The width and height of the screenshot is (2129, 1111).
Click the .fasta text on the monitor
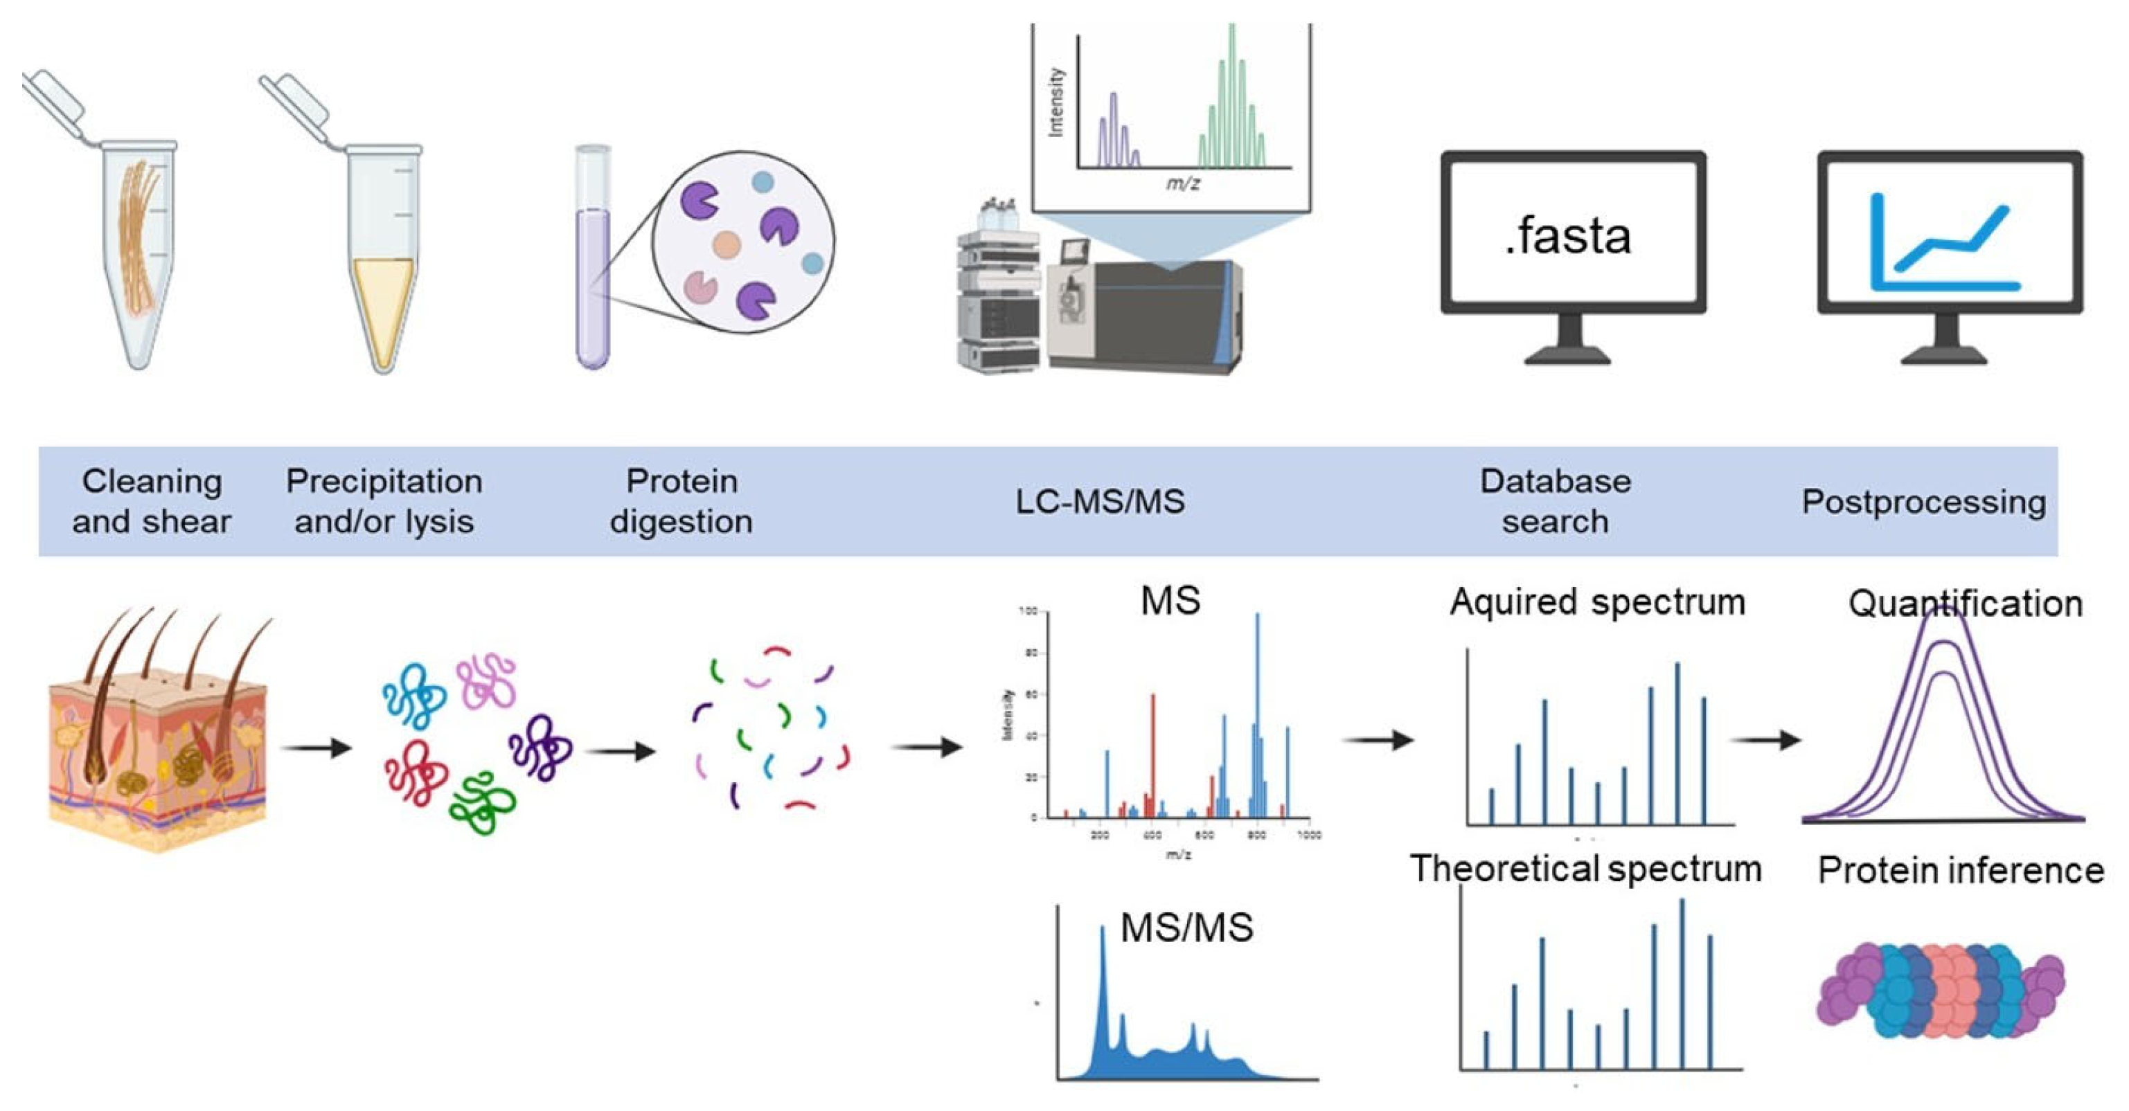[x=1568, y=237]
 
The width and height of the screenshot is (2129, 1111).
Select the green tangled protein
[x=482, y=802]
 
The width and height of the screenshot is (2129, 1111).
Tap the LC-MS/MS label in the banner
[x=1099, y=501]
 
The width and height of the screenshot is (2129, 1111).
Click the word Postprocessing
[x=1923, y=501]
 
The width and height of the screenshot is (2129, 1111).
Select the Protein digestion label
[x=681, y=501]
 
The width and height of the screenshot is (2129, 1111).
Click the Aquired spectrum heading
[x=1597, y=602]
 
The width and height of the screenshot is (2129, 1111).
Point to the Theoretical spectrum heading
[x=1585, y=868]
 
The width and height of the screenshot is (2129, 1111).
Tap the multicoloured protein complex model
[x=1938, y=991]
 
